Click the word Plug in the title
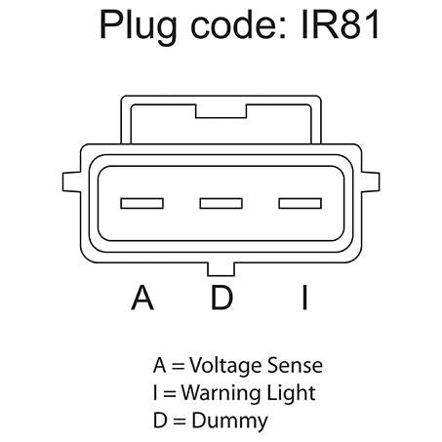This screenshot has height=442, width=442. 139,26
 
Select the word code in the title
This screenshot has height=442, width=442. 239,24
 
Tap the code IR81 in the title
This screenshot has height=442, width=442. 341,24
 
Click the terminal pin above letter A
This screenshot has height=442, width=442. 142,203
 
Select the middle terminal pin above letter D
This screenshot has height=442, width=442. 221,203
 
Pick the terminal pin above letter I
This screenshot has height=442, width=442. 301,203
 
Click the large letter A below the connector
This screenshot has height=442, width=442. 142,298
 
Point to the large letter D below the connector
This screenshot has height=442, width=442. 221,298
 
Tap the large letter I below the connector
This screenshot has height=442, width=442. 304,298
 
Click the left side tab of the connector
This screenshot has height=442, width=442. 71,181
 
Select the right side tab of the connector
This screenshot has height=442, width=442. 371,181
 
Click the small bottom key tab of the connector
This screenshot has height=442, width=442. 221,269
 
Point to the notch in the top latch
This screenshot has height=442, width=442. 221,111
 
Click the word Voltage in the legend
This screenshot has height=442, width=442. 225,366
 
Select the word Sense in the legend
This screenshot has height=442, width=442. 295,366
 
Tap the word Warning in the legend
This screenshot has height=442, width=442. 221,393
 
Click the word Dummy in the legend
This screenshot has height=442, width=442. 229,421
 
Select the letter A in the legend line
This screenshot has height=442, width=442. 159,366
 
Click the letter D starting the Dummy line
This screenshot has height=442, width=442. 160,420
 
